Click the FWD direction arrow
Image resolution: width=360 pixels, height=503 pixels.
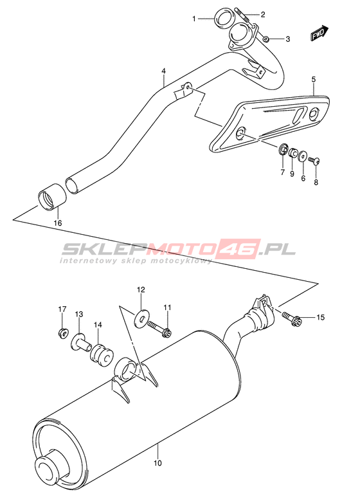click(x=319, y=33)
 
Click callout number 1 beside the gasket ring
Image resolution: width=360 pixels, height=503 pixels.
click(x=194, y=19)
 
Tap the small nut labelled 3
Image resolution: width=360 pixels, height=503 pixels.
click(x=265, y=39)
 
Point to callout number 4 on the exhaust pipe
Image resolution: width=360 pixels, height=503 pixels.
click(x=163, y=71)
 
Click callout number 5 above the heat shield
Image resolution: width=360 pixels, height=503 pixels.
click(x=314, y=79)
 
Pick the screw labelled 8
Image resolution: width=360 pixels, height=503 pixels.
click(x=314, y=160)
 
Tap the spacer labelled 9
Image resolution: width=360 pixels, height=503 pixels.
click(x=292, y=153)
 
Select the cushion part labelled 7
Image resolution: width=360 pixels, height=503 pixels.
click(x=283, y=149)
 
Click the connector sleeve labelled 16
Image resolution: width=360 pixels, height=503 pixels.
click(x=52, y=197)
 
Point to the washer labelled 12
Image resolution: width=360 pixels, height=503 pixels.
click(x=141, y=318)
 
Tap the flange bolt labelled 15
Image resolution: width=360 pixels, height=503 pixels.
click(x=292, y=318)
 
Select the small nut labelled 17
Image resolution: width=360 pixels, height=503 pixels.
click(x=63, y=333)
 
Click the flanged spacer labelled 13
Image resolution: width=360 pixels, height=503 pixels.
click(x=82, y=343)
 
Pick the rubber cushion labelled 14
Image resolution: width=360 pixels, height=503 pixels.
click(x=102, y=355)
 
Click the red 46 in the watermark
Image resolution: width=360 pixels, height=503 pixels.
click(x=239, y=249)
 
